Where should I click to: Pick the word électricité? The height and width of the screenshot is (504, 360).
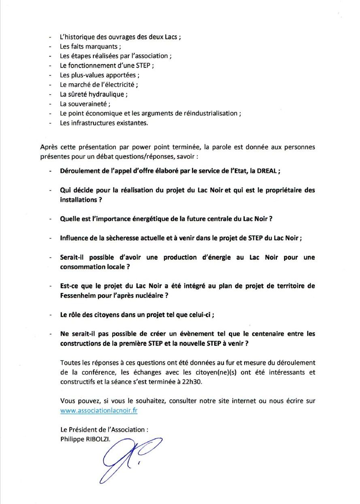pos(118,85)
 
